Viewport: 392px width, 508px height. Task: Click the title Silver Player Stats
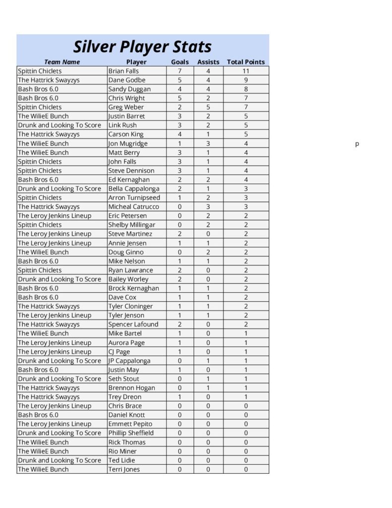(143, 47)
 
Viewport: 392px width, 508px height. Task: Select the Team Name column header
(62, 62)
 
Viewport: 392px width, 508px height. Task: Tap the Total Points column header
(246, 62)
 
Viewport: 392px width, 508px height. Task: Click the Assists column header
(208, 62)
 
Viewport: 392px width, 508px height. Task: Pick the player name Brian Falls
(123, 71)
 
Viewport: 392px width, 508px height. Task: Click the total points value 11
(246, 71)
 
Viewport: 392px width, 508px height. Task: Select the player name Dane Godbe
(127, 80)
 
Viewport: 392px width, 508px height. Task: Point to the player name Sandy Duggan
(129, 89)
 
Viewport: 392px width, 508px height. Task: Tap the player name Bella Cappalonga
(134, 189)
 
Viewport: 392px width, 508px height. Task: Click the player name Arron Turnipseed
(134, 197)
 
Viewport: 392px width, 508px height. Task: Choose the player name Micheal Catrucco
(133, 207)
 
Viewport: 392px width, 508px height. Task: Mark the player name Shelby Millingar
(131, 225)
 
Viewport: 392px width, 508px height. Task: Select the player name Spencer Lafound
(133, 324)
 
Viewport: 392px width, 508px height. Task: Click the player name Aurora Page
(126, 343)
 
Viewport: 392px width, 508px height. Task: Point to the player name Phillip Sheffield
(131, 433)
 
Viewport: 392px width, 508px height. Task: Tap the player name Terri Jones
(124, 469)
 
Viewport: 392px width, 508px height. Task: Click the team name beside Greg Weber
(40, 107)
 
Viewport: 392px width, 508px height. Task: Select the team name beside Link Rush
(59, 125)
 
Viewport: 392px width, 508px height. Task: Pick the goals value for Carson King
(180, 134)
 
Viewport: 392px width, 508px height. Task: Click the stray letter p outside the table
(357, 144)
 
